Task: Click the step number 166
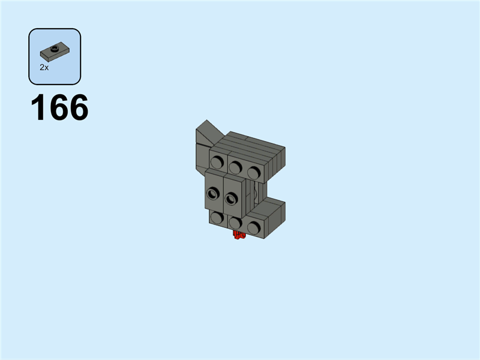coord(59,107)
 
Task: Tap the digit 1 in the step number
coord(38,107)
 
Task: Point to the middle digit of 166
coord(59,107)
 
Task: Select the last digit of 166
coord(79,107)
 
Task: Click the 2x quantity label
coord(44,68)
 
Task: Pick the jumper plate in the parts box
coord(55,52)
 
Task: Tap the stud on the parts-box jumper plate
coord(55,47)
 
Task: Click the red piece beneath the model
coord(239,235)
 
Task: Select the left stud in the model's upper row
coord(217,161)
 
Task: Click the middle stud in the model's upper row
coord(235,167)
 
